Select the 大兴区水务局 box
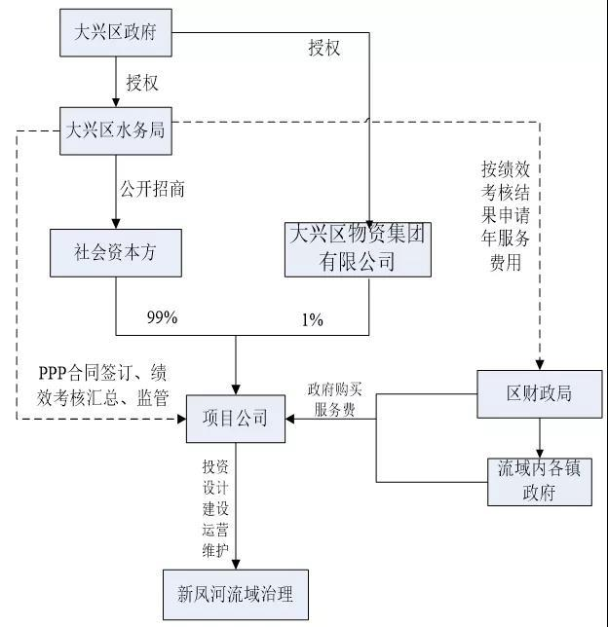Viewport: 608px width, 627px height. pos(116,130)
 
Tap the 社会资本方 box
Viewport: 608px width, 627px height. pos(116,252)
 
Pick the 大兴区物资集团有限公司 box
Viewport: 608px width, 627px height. pos(358,247)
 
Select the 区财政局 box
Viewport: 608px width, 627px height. pos(539,393)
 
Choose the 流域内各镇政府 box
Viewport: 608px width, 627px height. pos(539,480)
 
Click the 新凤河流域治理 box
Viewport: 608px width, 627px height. pos(235,594)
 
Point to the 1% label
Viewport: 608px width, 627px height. pos(312,318)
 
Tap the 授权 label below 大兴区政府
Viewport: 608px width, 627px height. pos(142,82)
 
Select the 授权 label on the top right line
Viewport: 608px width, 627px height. pos(324,49)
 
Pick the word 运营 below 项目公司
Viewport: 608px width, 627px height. pos(215,531)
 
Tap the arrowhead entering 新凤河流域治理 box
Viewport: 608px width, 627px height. pos(235,564)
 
